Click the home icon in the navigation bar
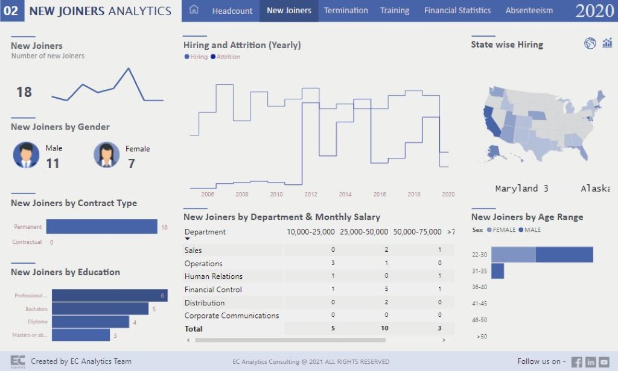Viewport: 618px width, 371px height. point(194,10)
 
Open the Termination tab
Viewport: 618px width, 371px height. point(346,11)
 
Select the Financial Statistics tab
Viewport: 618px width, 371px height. point(457,11)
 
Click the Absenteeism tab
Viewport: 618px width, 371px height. point(529,11)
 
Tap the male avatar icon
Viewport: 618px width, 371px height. point(26,155)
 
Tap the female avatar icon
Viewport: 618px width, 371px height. point(106,155)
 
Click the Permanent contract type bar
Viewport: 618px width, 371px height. point(101,227)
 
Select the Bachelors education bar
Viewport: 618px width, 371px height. point(100,309)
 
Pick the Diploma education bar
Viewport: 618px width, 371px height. point(90,322)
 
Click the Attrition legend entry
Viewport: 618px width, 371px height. point(228,57)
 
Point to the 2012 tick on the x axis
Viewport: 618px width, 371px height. point(311,195)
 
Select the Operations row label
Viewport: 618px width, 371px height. point(203,264)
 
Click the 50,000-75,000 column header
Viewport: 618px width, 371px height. point(417,232)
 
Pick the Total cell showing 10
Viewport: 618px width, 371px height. point(384,329)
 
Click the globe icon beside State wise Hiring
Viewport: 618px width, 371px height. point(590,43)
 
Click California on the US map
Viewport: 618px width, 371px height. point(491,120)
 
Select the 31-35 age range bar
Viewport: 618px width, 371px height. point(497,271)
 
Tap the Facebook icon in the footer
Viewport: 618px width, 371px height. point(576,362)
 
